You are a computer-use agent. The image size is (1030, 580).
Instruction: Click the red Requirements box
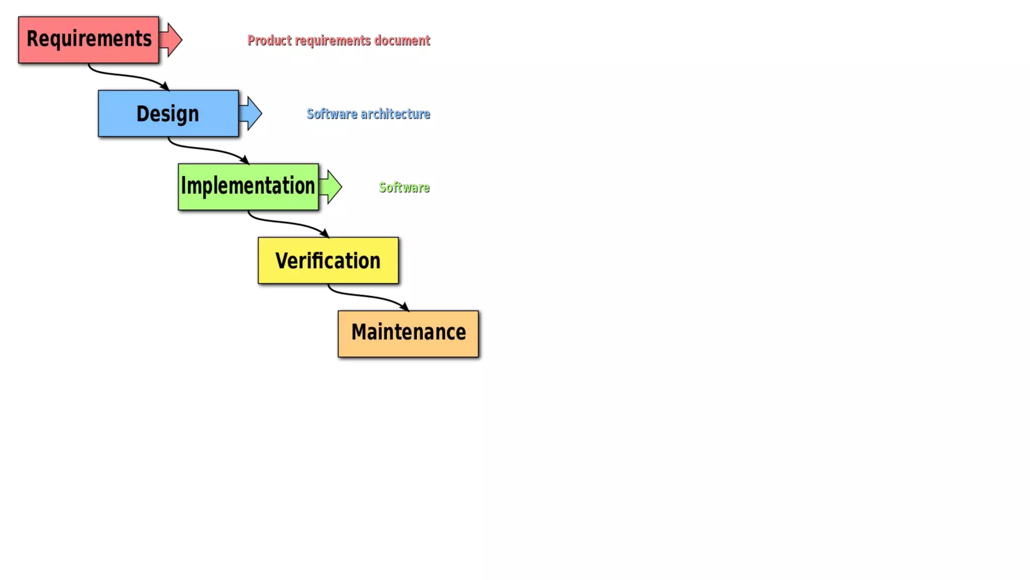tap(89, 40)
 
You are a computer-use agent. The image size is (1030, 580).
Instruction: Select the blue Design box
tap(168, 113)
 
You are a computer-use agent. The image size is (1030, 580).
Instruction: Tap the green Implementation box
tap(248, 187)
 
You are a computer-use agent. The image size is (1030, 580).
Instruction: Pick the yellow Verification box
tap(328, 260)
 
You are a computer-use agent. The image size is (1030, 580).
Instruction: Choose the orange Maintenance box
tap(408, 334)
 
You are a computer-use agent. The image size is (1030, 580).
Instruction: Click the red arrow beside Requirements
tap(172, 40)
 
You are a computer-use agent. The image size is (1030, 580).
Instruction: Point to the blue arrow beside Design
tap(251, 113)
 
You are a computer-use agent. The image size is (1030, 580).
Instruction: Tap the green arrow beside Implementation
tap(331, 187)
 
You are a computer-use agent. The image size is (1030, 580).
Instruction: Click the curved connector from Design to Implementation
tap(206, 149)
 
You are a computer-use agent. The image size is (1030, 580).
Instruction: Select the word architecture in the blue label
tap(395, 114)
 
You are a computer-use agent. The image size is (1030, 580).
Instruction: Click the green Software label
tap(404, 187)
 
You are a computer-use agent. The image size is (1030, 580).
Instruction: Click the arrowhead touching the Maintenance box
tap(404, 307)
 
